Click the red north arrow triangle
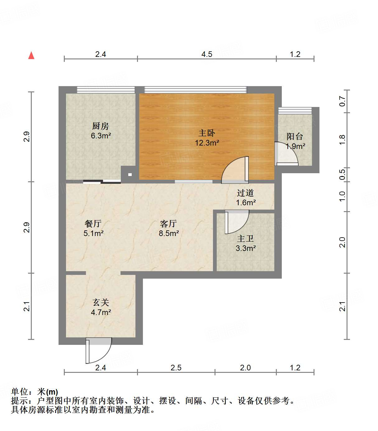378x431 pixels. [x=31, y=55]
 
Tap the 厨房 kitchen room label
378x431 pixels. [x=101, y=126]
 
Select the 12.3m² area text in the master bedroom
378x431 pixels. [x=207, y=143]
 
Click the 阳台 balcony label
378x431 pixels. [x=295, y=136]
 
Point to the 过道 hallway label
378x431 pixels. [x=245, y=193]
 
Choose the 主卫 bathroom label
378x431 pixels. [x=245, y=239]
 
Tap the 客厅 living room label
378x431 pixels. [x=168, y=223]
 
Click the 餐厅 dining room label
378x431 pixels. [x=93, y=223]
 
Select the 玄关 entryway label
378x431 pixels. [x=101, y=302]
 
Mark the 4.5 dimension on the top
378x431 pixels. [x=206, y=54]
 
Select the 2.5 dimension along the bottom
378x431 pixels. [x=176, y=368]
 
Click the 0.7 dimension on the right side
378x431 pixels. [x=342, y=101]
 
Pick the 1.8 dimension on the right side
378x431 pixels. [x=342, y=140]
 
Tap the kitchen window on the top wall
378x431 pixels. [x=106, y=90]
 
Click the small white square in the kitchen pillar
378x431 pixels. [x=130, y=175]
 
